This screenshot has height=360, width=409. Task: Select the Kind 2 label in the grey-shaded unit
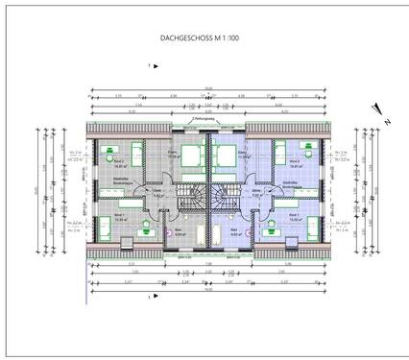tap(120, 164)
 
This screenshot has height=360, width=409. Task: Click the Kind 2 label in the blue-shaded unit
tap(285, 164)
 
